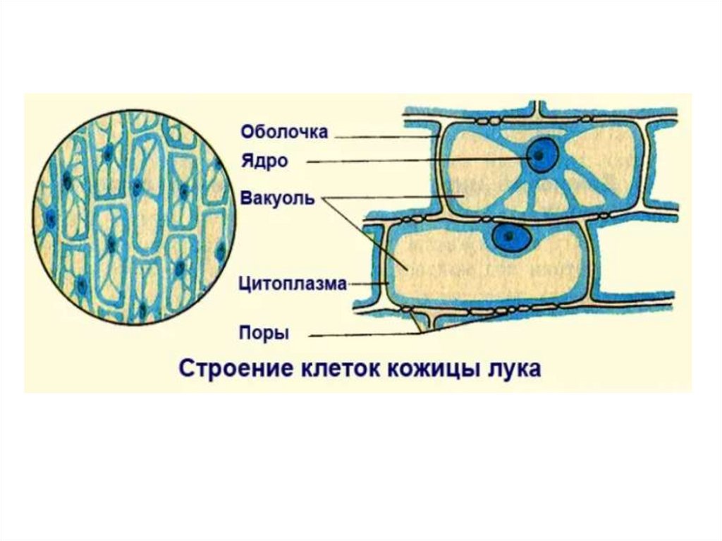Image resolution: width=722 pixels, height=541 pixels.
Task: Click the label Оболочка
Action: click(284, 132)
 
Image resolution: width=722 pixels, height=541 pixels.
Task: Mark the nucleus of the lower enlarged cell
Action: click(510, 238)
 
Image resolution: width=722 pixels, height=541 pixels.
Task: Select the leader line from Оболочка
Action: click(381, 136)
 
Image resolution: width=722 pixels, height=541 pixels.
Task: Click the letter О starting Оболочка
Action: click(247, 132)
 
